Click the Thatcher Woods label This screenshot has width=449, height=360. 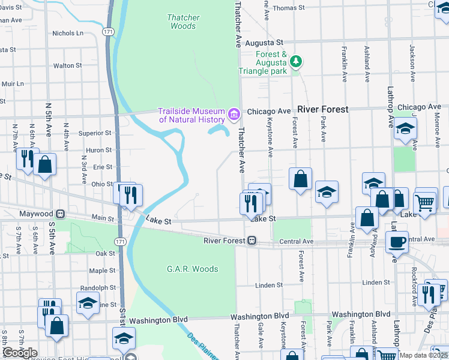point(183,22)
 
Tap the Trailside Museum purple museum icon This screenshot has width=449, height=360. point(234,113)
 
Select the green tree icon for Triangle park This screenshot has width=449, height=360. point(295,61)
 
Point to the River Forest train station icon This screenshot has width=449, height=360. point(253,241)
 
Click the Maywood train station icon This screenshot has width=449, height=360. point(60,214)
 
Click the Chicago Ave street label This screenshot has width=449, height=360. point(268,112)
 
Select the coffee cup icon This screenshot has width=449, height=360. point(397,242)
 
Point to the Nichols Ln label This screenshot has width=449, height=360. point(67,34)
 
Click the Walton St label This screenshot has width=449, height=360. point(67,65)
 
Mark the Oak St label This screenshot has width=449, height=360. point(105,253)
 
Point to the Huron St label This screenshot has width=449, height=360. point(99,150)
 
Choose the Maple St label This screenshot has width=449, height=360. point(102,271)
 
